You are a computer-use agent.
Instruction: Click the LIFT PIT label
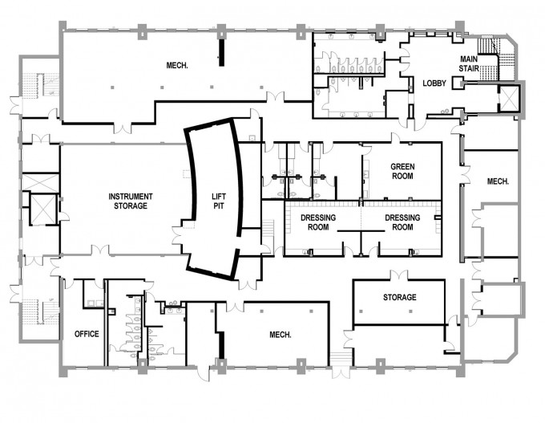219,201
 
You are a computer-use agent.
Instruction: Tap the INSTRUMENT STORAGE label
131,201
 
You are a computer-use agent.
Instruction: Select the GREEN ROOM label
402,171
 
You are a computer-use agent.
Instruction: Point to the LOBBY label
434,83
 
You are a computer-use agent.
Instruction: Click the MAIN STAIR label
469,63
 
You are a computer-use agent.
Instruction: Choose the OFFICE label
87,334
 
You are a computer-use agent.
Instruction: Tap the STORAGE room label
400,297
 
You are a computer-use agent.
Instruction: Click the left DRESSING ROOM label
318,222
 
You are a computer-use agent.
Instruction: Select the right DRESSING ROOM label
402,222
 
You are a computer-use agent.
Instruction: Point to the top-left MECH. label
177,65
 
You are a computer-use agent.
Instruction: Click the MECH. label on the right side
498,181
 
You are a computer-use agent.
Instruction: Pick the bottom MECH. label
281,335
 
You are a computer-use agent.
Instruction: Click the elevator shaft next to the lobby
509,97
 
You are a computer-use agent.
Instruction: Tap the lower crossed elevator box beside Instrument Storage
43,209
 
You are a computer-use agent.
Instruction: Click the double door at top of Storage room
398,275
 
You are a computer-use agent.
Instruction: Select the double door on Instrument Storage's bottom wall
100,250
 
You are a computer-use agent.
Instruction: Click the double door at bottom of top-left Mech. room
123,128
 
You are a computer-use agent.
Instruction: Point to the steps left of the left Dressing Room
268,230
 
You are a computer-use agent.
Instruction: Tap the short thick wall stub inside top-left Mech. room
221,52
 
